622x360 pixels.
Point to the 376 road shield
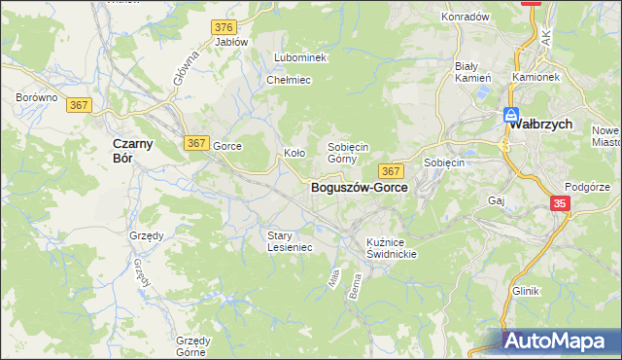(225, 26)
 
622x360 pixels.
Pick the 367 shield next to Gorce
(195, 143)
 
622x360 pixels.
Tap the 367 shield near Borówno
(80, 104)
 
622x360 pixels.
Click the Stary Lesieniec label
(290, 241)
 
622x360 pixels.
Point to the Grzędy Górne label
(194, 346)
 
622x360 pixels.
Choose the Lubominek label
(300, 57)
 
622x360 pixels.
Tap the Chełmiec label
(289, 80)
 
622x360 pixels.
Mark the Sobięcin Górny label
(348, 152)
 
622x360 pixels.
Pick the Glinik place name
(525, 291)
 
